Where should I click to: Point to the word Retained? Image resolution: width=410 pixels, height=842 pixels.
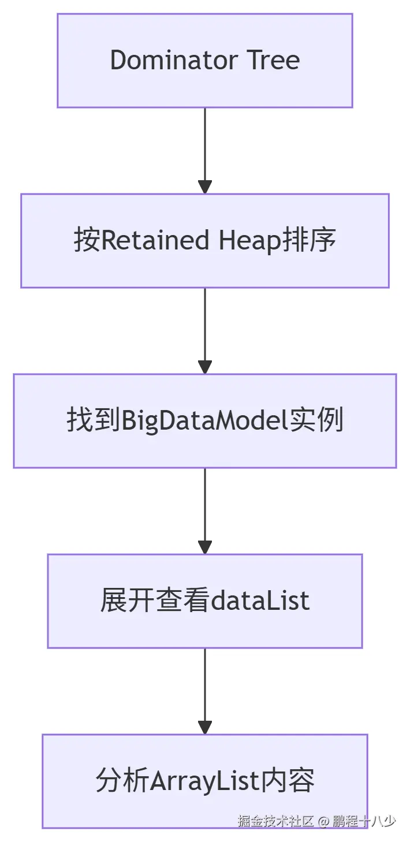(155, 240)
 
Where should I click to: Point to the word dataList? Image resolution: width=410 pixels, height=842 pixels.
(259, 601)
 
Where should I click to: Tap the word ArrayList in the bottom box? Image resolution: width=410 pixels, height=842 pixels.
(204, 781)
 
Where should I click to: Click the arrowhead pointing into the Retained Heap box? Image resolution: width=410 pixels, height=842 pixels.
(205, 187)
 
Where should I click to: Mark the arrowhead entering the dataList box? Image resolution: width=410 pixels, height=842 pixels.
(205, 547)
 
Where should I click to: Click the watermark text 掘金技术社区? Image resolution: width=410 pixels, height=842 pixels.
(275, 821)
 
